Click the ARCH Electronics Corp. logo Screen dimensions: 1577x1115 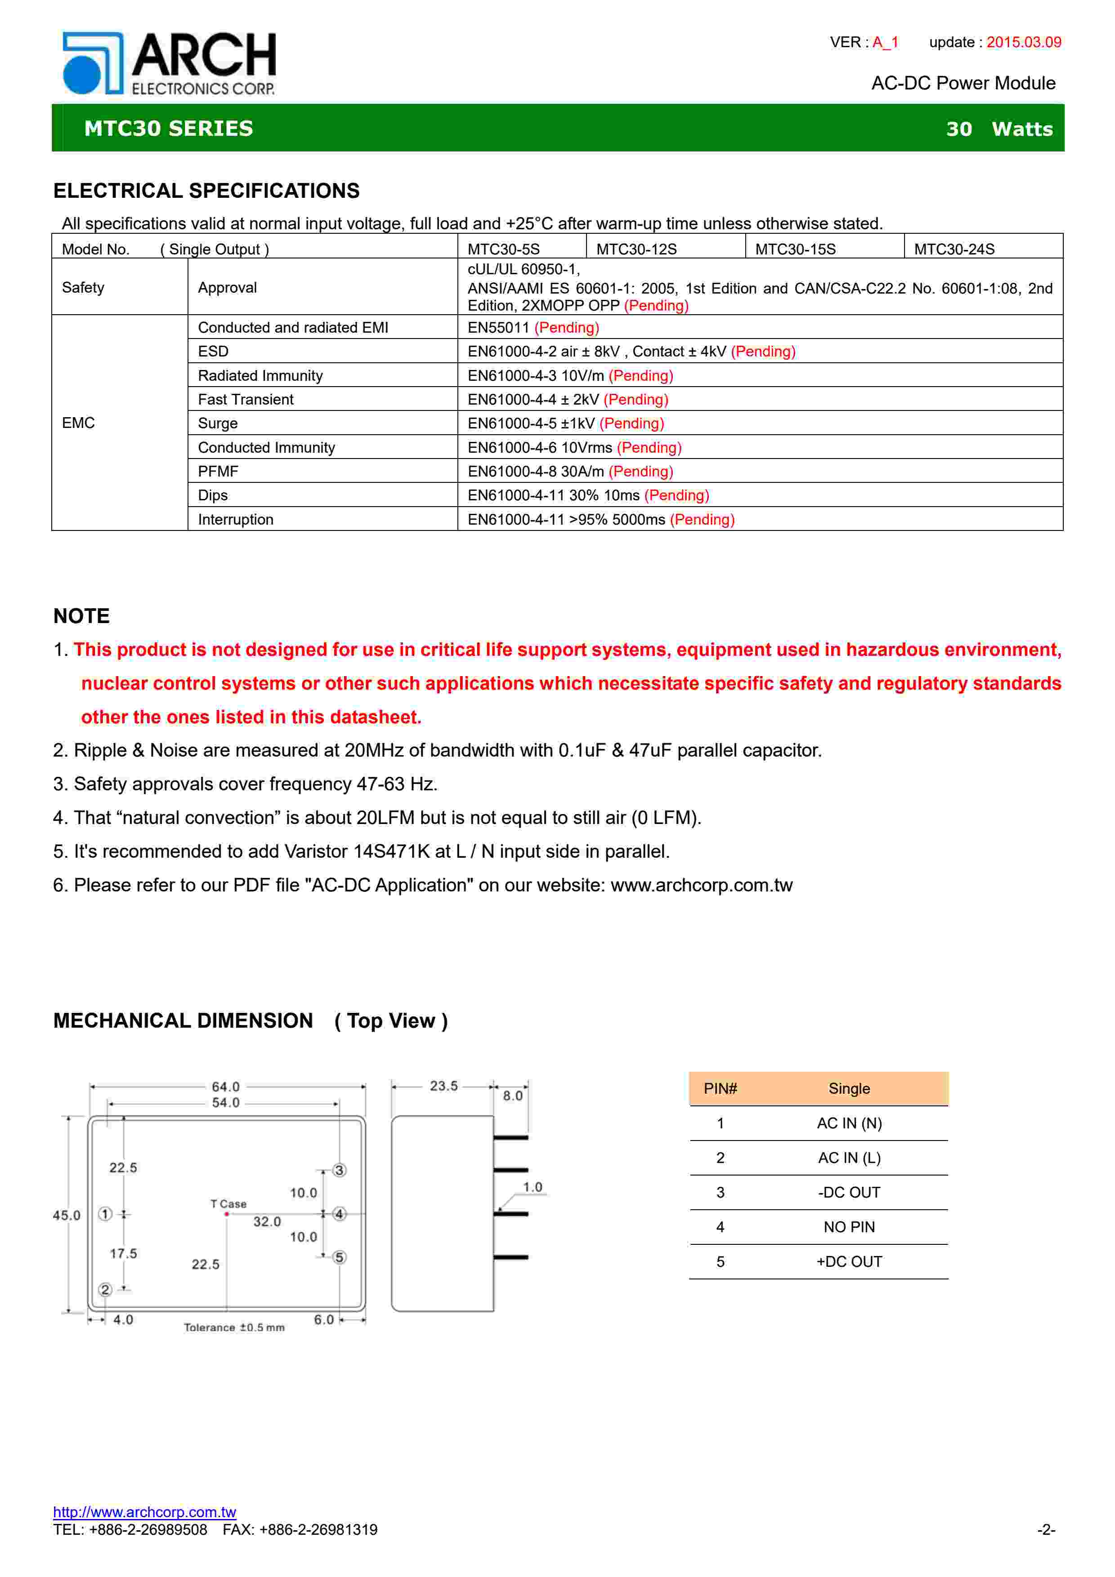169,63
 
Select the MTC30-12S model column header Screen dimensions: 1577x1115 636,249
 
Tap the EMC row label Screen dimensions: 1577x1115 78,423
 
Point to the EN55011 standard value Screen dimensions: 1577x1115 498,328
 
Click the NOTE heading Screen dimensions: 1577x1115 81,616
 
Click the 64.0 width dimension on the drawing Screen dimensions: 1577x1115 225,1087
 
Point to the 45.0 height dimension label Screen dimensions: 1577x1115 67,1215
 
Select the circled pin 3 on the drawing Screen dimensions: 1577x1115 340,1170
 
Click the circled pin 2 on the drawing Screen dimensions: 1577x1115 105,1289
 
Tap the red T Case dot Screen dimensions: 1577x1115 227,1214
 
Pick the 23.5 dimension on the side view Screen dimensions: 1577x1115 444,1086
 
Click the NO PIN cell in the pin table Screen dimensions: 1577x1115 849,1227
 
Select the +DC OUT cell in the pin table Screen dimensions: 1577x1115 849,1262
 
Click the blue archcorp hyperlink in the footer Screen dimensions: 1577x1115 144,1512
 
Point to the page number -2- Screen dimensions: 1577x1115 1046,1530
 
